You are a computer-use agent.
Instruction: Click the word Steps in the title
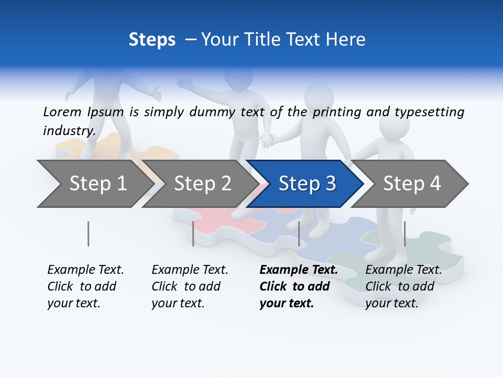pyautogui.click(x=152, y=39)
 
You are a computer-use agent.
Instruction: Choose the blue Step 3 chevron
pyautogui.click(x=307, y=183)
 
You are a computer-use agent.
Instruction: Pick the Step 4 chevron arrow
pyautogui.click(x=412, y=183)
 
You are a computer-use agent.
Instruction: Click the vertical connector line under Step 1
pyautogui.click(x=88, y=234)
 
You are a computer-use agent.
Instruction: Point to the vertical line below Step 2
pyautogui.click(x=193, y=234)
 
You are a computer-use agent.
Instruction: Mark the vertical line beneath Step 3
pyautogui.click(x=299, y=234)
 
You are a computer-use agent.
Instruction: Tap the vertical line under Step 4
pyautogui.click(x=404, y=234)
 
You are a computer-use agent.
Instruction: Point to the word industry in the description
pyautogui.click(x=69, y=131)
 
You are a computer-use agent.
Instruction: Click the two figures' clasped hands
pyautogui.click(x=268, y=140)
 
